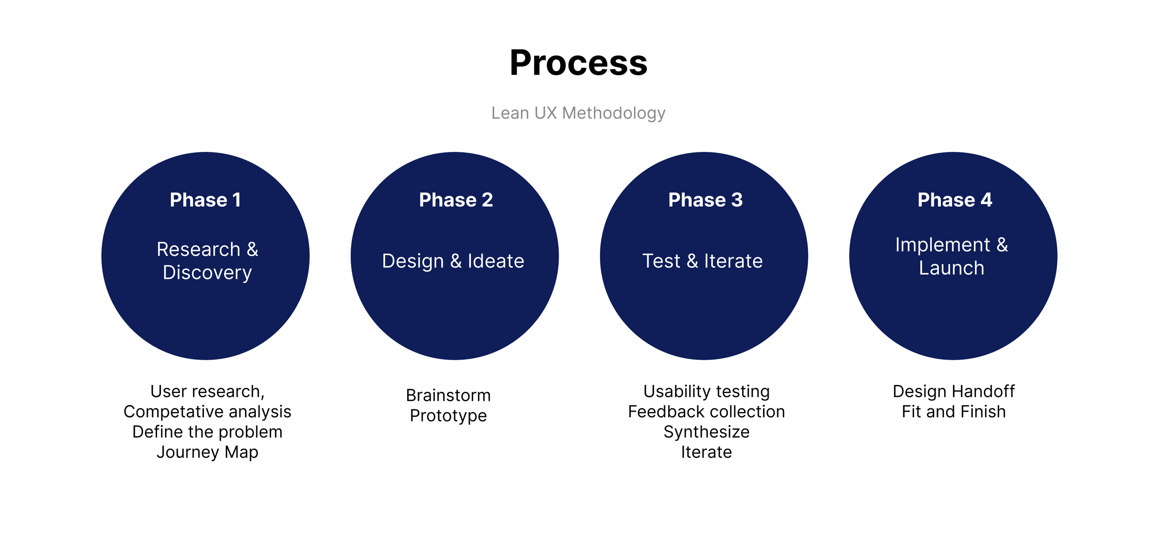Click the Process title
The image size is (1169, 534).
[578, 63]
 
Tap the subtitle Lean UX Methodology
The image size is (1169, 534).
[578, 113]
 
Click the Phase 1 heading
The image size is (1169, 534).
[205, 200]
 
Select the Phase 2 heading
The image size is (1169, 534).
[456, 200]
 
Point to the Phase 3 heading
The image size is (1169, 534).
[705, 200]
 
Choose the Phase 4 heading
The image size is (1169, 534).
[954, 200]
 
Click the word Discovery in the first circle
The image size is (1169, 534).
[207, 273]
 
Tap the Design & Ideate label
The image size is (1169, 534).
[453, 261]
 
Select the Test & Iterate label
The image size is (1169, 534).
[702, 261]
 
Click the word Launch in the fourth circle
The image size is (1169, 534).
[952, 268]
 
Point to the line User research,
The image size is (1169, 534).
[207, 392]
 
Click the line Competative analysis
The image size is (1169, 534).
[207, 412]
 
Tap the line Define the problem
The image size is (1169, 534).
[207, 432]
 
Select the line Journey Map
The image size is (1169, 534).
[207, 452]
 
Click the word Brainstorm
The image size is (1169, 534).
[448, 396]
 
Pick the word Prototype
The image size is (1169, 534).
[448, 416]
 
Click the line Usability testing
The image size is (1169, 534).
[707, 392]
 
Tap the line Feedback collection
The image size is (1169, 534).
[707, 412]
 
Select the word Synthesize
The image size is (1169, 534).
[707, 432]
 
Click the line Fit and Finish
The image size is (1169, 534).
[954, 412]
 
